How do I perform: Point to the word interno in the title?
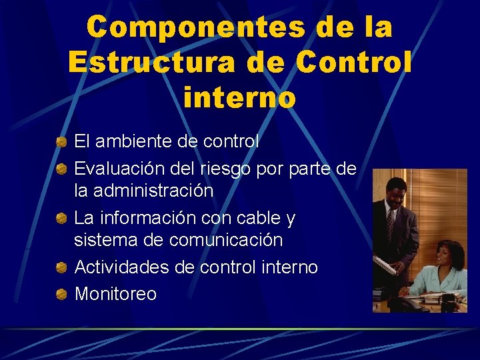[239, 97]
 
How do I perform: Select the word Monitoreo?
[115, 293]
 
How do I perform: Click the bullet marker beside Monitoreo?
[61, 293]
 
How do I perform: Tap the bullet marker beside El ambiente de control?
[61, 141]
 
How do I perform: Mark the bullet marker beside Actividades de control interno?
[61, 267]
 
